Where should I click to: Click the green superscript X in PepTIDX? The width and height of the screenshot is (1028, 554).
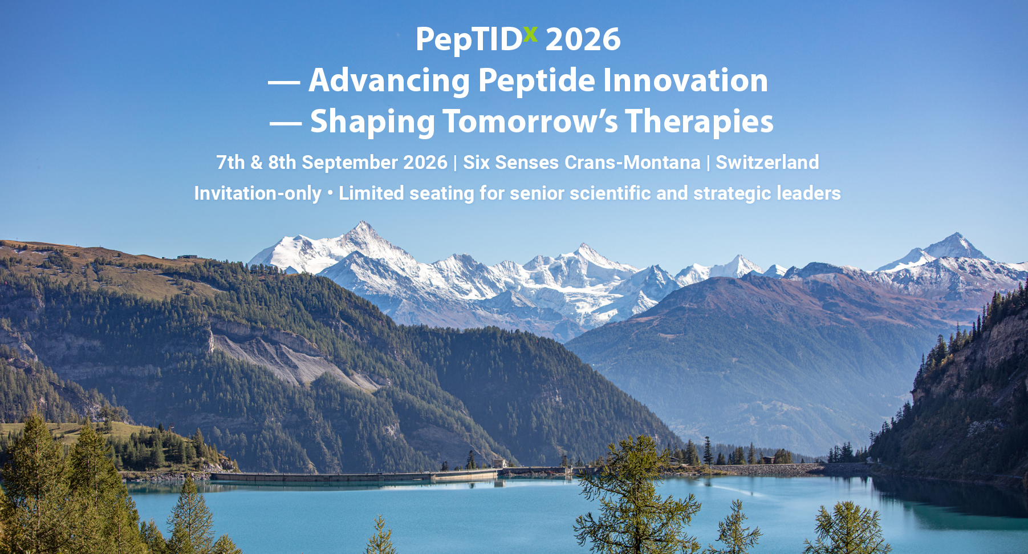click(x=530, y=34)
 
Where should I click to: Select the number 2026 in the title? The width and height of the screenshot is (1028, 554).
click(x=583, y=39)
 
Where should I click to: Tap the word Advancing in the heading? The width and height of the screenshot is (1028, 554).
click(x=389, y=80)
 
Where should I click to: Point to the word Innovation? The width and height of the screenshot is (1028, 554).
click(x=685, y=80)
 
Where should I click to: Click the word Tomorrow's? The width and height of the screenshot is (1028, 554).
click(x=530, y=121)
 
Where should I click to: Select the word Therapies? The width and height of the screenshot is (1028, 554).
click(x=699, y=122)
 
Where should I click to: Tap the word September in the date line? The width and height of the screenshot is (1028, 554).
click(x=350, y=163)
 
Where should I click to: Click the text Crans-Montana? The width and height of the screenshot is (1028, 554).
click(x=632, y=162)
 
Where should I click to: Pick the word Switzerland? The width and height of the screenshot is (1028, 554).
click(x=767, y=162)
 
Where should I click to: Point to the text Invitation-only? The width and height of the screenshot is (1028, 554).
click(x=258, y=193)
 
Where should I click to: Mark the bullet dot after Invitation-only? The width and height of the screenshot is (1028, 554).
click(x=330, y=193)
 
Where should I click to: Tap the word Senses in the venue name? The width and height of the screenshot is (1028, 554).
click(x=526, y=162)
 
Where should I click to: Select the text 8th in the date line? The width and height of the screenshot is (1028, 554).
click(x=282, y=162)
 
